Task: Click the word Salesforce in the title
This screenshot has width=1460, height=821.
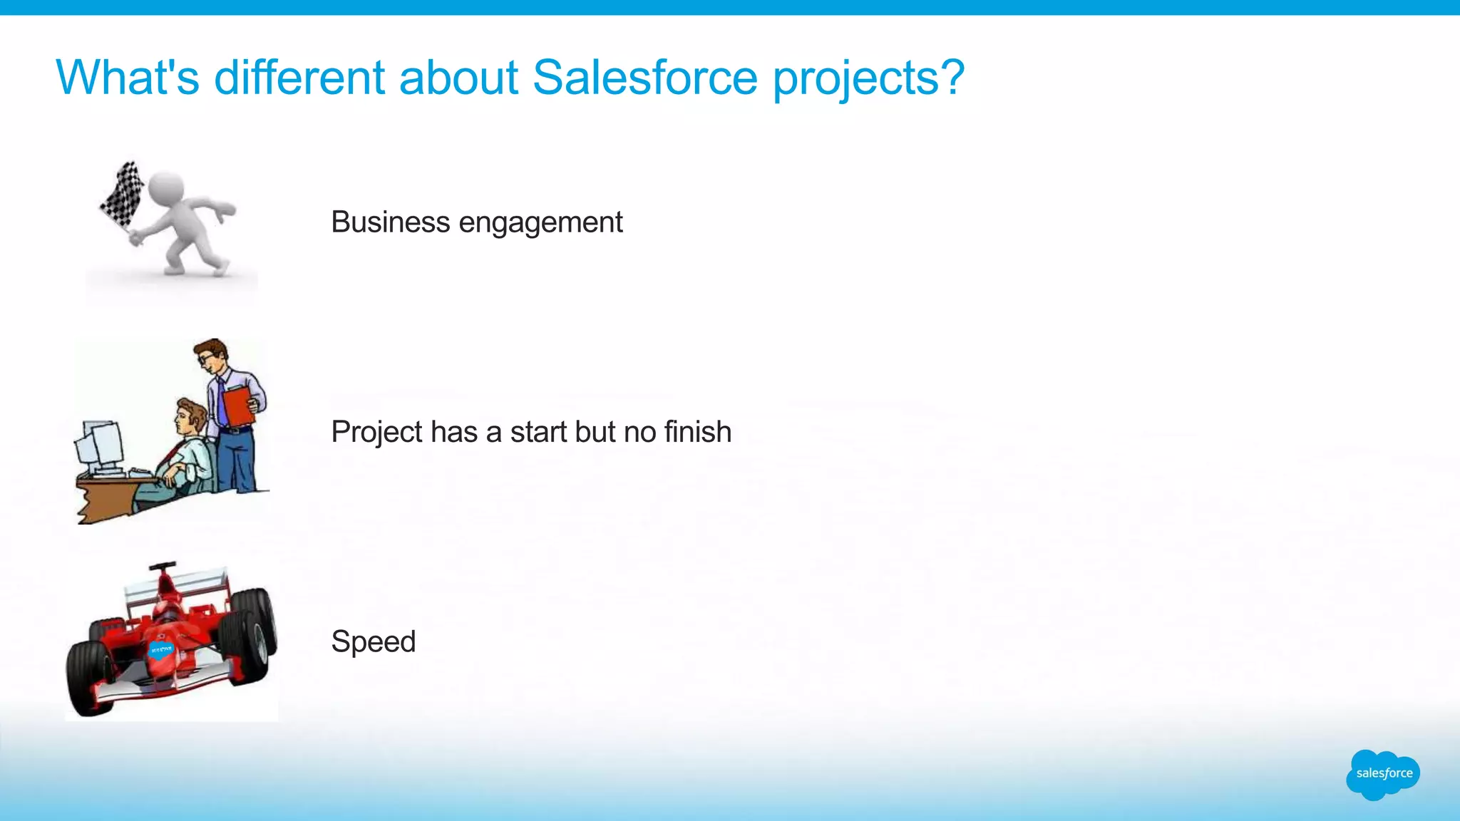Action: point(644,77)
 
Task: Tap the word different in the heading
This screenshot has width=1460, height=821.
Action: point(299,77)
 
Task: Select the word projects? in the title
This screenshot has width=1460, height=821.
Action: point(869,78)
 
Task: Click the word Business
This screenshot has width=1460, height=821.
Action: point(390,222)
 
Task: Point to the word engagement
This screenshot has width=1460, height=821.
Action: point(540,223)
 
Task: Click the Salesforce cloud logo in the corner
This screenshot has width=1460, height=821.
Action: point(1383,774)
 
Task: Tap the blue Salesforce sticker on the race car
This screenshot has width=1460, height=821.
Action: point(160,649)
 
